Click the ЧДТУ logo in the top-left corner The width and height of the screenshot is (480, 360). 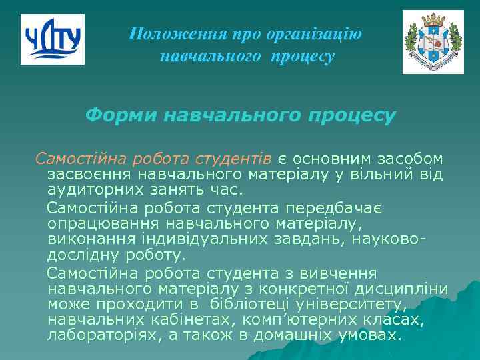(53, 39)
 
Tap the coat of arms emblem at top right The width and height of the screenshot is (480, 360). (433, 42)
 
